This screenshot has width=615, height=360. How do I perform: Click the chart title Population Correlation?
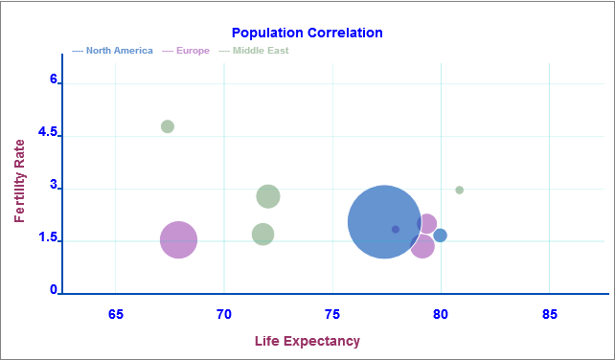tap(307, 33)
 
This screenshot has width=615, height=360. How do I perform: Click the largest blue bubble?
tap(384, 221)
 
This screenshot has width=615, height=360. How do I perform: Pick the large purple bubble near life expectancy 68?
tap(178, 239)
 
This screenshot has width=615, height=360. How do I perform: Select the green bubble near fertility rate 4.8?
tap(168, 126)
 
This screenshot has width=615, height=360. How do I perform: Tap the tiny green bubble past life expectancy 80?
tap(460, 190)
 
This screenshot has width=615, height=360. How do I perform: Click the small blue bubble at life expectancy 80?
tap(441, 236)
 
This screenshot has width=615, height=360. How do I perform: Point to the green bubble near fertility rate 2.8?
tap(268, 196)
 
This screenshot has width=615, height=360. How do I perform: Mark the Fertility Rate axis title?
tap(20, 181)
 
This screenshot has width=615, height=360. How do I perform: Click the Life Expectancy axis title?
tap(307, 341)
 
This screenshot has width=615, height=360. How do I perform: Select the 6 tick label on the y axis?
tap(54, 81)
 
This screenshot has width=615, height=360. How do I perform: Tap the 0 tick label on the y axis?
tap(54, 290)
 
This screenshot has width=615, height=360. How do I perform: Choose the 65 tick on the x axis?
tap(116, 314)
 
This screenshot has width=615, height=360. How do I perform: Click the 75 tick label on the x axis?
tap(332, 314)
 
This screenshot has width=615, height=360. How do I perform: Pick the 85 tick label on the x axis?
tap(550, 314)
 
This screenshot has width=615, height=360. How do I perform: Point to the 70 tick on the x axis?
tap(224, 314)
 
